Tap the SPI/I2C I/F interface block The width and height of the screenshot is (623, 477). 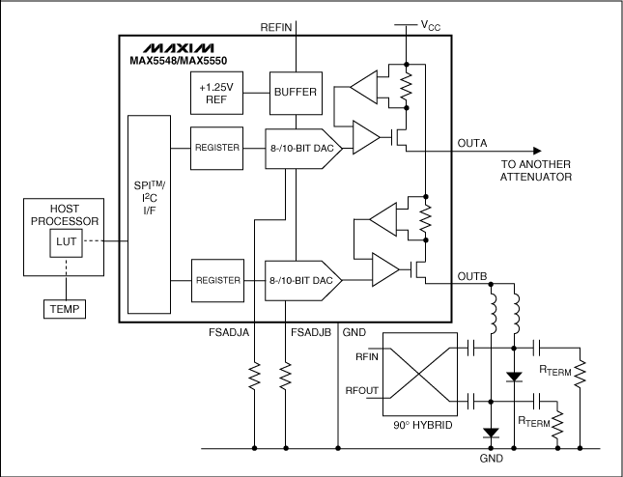point(148,211)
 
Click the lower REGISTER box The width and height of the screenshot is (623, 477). point(216,280)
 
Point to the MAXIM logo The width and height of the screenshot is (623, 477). point(178,47)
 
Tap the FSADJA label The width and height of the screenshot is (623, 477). point(232,332)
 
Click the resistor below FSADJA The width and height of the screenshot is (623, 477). point(254,375)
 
